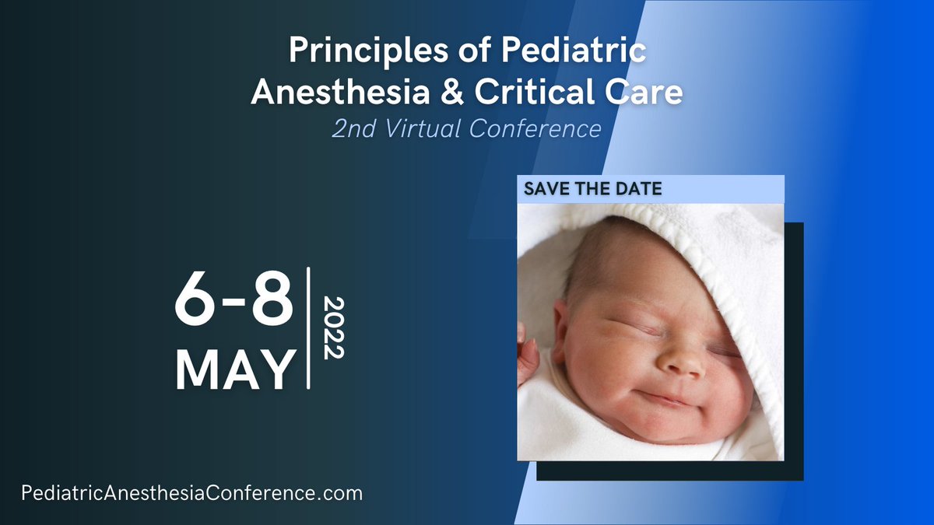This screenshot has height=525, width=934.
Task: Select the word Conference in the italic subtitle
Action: (535, 128)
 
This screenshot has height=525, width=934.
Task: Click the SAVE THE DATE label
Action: (593, 189)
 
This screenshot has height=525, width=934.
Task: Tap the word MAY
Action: (236, 368)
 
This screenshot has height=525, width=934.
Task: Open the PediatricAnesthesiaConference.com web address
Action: (191, 493)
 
